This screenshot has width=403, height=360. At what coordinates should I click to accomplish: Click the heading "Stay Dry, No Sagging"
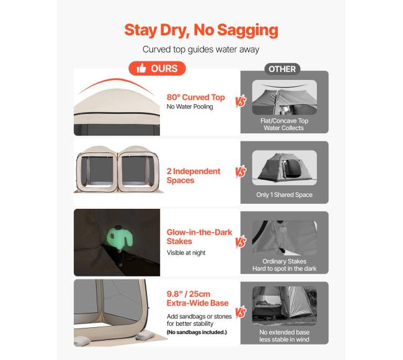(201, 30)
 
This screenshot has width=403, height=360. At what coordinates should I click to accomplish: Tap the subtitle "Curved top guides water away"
(201, 50)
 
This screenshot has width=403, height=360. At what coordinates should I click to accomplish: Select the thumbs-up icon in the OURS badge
(141, 68)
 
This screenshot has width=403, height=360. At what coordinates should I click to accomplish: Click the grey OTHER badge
(282, 69)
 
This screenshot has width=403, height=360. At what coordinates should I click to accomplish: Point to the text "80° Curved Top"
(195, 97)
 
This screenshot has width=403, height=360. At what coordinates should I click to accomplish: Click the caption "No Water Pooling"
(190, 107)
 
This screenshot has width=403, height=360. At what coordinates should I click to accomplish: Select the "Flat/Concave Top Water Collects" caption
(284, 125)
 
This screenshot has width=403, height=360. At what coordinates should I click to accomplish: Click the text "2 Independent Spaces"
(193, 175)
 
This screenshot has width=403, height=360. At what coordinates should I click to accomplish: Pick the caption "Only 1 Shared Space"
(284, 195)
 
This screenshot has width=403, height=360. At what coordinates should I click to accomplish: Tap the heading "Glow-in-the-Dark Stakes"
(199, 237)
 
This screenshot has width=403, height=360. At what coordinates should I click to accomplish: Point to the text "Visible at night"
(186, 253)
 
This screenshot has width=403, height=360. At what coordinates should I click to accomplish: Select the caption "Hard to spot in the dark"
(284, 268)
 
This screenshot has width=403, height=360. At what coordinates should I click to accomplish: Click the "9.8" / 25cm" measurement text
(188, 294)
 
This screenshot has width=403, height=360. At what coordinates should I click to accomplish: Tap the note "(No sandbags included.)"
(197, 332)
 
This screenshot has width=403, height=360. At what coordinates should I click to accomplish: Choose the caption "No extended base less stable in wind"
(284, 336)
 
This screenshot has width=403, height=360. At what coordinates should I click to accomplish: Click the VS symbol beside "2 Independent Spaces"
(241, 172)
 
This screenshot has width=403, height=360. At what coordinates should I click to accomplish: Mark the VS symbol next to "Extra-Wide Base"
(241, 312)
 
